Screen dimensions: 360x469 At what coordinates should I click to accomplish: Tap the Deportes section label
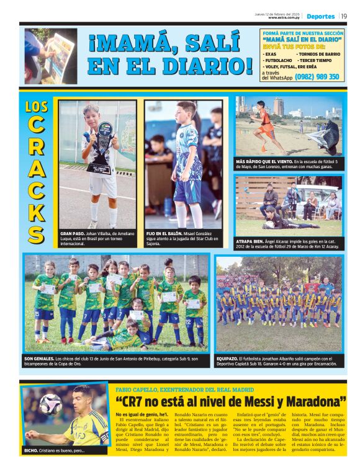[x=320, y=16]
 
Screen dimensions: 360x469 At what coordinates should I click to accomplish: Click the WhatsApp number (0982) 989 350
[x=317, y=77]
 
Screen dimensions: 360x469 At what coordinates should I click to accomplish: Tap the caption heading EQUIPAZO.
[x=227, y=359]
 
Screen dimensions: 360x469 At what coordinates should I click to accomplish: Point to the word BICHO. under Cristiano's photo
[x=31, y=450]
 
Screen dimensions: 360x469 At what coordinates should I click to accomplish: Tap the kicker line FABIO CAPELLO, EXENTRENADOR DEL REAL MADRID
[x=179, y=388]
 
